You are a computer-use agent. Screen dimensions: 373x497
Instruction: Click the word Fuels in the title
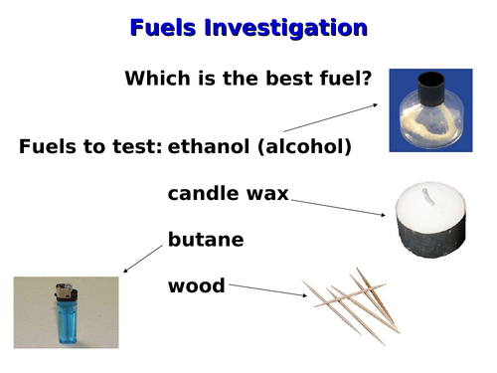(163, 28)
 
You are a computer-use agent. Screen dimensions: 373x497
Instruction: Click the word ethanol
(206, 147)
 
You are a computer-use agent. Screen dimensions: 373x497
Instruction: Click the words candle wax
(228, 193)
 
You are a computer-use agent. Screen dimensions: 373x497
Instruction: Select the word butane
(205, 240)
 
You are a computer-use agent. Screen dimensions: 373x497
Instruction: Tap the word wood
(196, 286)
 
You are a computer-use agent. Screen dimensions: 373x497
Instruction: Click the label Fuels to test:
(90, 147)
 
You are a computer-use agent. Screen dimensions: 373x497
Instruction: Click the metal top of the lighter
(65, 292)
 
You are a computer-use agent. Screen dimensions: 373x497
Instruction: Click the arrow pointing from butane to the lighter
(142, 259)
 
